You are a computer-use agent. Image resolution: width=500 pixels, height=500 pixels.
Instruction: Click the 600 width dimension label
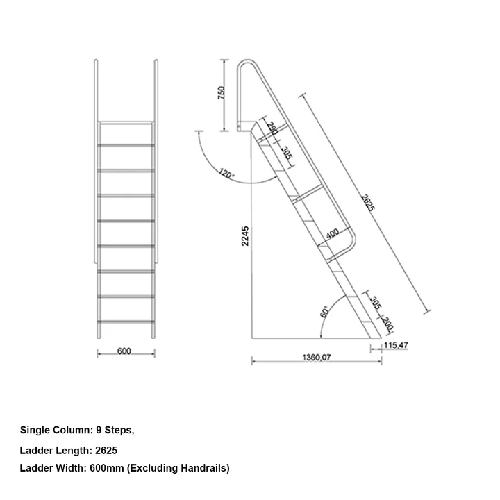(124, 351)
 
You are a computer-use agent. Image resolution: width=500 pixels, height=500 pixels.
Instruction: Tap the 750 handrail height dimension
(222, 94)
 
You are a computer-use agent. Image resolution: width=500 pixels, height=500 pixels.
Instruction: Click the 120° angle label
(226, 173)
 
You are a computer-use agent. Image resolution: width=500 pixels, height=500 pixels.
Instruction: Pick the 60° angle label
(324, 312)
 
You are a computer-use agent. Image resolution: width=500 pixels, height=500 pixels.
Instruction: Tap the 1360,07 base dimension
(317, 358)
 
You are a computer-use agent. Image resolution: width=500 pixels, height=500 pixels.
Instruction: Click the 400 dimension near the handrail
(333, 234)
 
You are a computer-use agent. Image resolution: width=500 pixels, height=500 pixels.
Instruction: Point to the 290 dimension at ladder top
(272, 129)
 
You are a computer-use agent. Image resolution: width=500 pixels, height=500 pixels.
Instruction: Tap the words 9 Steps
(113, 431)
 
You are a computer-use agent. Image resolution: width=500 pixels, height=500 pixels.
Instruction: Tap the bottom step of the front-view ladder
(126, 322)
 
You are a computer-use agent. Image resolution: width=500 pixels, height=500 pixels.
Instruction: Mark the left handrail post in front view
(95, 160)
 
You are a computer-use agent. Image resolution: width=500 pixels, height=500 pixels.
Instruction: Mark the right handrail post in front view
(157, 160)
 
